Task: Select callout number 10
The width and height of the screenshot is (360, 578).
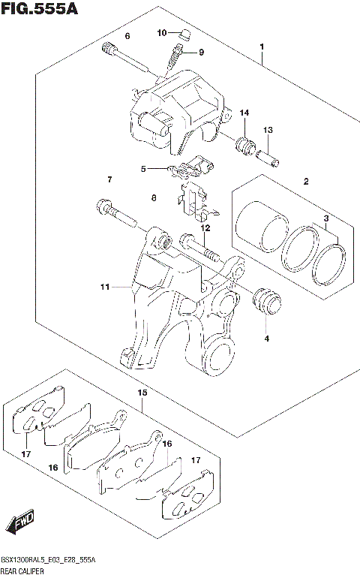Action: click(162, 32)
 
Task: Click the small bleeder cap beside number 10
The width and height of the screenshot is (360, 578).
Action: click(181, 32)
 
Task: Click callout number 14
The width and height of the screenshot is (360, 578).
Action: click(244, 113)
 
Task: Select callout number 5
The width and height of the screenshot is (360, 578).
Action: click(142, 169)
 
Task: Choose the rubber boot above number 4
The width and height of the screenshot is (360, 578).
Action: click(265, 301)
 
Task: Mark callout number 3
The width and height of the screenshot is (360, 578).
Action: click(327, 218)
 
